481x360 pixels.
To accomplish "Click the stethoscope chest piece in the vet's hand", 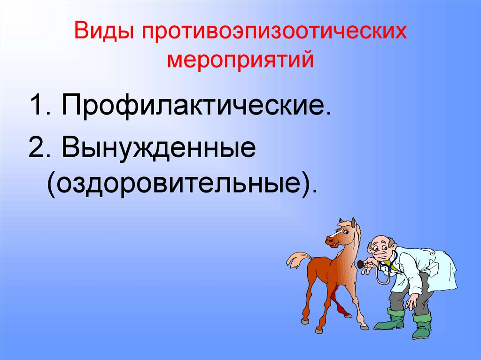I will pyautogui.click(x=361, y=264).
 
